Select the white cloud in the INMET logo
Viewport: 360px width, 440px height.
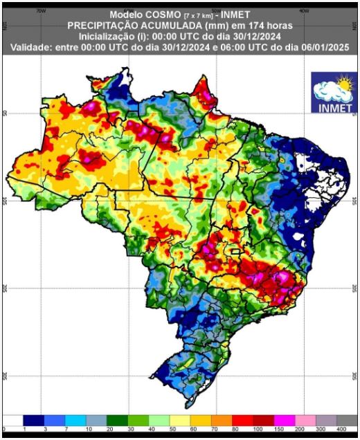(x=328, y=91)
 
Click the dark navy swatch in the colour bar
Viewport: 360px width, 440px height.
(x=33, y=420)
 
